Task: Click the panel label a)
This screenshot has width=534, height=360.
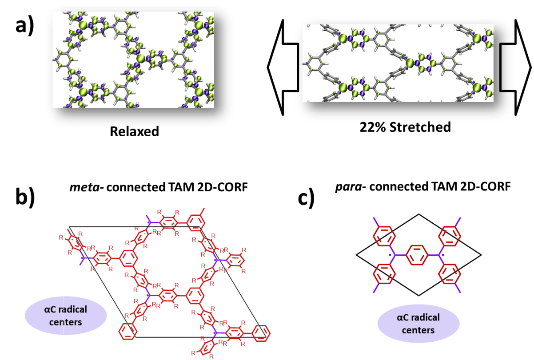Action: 25,27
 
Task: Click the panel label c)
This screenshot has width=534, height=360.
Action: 306,198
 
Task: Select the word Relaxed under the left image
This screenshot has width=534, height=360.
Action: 134,131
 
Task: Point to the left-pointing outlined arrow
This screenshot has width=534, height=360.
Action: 283,67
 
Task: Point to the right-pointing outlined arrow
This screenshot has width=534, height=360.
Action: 515,67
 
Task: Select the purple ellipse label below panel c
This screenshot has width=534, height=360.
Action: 418,324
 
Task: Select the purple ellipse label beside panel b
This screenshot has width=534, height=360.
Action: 66,316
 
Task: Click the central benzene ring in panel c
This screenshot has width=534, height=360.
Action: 417,255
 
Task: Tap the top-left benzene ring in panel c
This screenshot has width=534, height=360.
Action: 384,236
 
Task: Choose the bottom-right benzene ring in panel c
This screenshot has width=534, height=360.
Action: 450,274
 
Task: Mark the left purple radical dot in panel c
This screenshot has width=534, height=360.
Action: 390,255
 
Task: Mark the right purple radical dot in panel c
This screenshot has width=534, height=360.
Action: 443,255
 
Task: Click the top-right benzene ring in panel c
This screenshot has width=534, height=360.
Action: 450,236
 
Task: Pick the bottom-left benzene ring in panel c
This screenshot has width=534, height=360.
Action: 384,274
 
